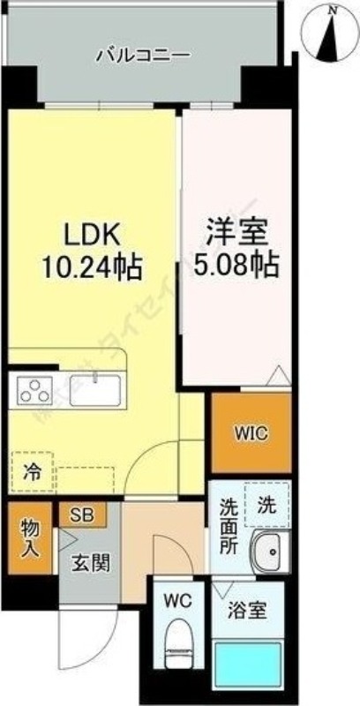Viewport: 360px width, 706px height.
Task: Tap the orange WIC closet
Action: [x=251, y=433]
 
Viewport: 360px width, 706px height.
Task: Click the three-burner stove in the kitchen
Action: [x=34, y=389]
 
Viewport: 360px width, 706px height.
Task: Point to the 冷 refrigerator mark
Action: [x=31, y=471]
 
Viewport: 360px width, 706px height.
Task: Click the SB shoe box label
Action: [x=83, y=513]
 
